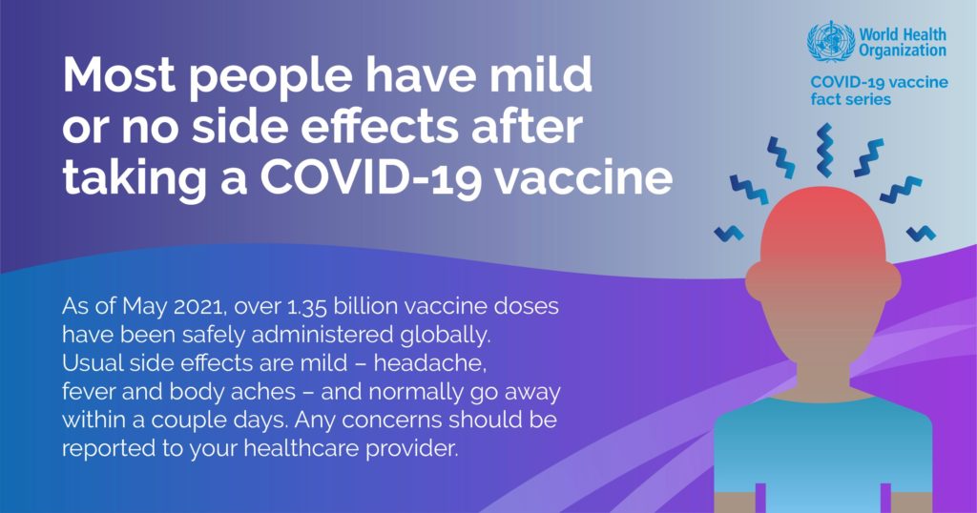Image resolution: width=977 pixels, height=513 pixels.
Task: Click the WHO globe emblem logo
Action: (x=831, y=41)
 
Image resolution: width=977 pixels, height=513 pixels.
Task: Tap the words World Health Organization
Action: (x=903, y=42)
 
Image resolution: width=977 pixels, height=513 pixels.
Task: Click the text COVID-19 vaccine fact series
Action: (x=879, y=91)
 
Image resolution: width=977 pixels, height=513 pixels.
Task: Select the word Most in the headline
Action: (x=119, y=74)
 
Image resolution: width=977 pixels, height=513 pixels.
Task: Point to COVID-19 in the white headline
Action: (x=371, y=177)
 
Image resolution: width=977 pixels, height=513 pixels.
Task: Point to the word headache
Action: (x=430, y=363)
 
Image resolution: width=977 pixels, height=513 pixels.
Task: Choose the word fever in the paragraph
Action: (x=89, y=392)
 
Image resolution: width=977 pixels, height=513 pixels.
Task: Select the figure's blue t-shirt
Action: (x=822, y=448)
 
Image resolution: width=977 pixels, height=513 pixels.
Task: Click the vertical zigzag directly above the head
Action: (x=823, y=150)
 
